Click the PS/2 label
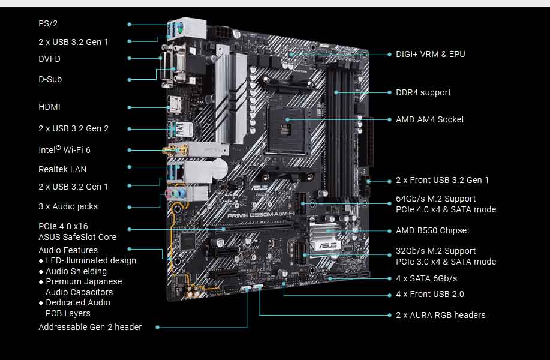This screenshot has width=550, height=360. click(48, 24)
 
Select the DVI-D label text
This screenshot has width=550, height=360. click(49, 59)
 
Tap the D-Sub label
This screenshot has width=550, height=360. click(50, 79)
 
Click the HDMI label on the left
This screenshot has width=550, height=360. click(49, 107)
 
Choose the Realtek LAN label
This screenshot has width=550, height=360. click(62, 169)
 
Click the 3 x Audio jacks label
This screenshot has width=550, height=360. click(68, 206)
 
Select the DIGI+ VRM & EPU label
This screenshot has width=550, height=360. click(430, 54)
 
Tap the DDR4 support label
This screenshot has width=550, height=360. click(423, 92)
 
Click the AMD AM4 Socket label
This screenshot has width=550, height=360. click(429, 119)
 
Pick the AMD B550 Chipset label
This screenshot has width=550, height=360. click(432, 230)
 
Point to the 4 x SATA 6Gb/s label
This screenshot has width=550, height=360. click(426, 278)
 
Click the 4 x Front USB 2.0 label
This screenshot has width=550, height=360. click(429, 294)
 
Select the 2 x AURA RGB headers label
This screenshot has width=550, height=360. click(440, 315)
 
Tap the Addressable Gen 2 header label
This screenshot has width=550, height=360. click(90, 327)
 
